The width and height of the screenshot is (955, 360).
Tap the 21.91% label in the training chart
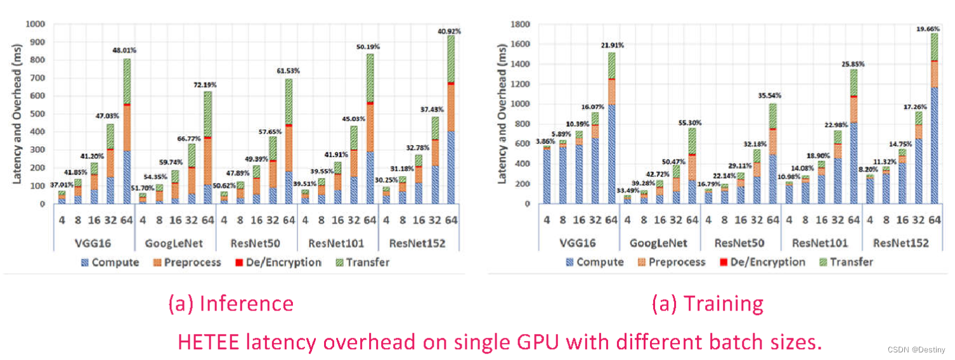(612, 46)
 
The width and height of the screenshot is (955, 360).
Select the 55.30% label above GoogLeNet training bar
(692, 122)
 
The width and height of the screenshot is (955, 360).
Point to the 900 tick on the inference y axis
(37, 42)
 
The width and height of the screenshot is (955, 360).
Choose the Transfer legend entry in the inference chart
(365, 262)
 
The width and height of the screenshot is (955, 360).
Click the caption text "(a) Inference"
(231, 304)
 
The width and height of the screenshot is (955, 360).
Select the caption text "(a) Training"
(708, 304)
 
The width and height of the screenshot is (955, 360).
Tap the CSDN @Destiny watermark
(916, 350)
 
